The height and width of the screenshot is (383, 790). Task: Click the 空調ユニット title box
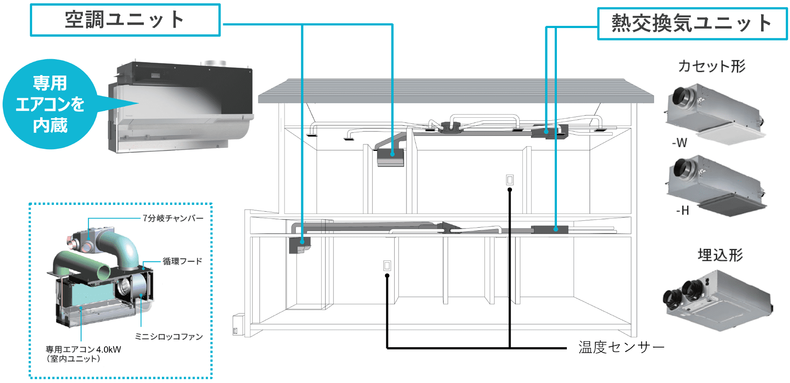tap(125, 20)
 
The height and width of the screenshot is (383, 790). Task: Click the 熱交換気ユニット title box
tap(692, 24)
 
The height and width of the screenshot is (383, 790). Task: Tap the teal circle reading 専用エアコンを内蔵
tap(49, 104)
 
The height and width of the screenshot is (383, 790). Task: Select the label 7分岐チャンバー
tap(173, 218)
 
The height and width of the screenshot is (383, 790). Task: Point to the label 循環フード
tap(182, 261)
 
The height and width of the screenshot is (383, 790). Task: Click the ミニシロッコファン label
tap(168, 336)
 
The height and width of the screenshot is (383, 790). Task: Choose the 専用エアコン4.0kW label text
tap(83, 349)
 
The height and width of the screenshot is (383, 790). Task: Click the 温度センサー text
tap(621, 347)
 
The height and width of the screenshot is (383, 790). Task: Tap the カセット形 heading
tap(711, 66)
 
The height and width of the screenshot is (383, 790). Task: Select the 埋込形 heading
tap(720, 255)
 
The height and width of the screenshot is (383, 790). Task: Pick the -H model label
tap(683, 210)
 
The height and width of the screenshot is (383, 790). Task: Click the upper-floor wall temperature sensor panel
tap(510, 180)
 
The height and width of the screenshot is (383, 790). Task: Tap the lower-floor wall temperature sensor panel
tap(387, 265)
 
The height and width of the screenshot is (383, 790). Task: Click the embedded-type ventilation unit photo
tap(717, 300)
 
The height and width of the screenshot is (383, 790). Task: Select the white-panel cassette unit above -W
tap(714, 114)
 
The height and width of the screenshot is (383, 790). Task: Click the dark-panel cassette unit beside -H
tap(714, 185)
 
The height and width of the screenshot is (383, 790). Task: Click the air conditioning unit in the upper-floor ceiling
tap(390, 157)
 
